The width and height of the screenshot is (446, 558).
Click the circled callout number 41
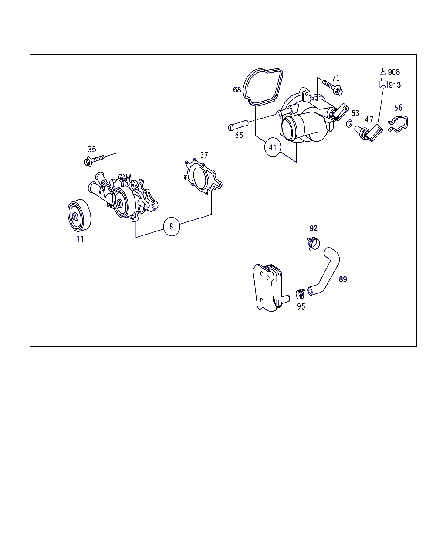point(273,147)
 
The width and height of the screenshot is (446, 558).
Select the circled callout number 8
point(171,226)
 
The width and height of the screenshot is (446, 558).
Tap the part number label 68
point(237,90)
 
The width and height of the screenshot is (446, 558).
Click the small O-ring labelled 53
point(349,124)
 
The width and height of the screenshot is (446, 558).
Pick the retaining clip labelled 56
point(399,124)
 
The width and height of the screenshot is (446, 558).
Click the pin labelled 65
point(238,125)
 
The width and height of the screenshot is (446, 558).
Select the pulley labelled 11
point(79,215)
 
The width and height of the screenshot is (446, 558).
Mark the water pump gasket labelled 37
point(203,177)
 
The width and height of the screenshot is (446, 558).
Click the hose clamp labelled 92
point(313,244)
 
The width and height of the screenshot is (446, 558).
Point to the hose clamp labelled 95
point(301,294)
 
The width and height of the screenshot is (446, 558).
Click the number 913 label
point(395,85)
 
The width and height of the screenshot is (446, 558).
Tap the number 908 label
point(394,72)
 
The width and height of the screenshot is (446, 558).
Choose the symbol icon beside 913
point(383,83)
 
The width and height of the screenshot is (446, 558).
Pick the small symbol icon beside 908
point(383,71)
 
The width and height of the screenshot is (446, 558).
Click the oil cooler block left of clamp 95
point(270,288)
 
